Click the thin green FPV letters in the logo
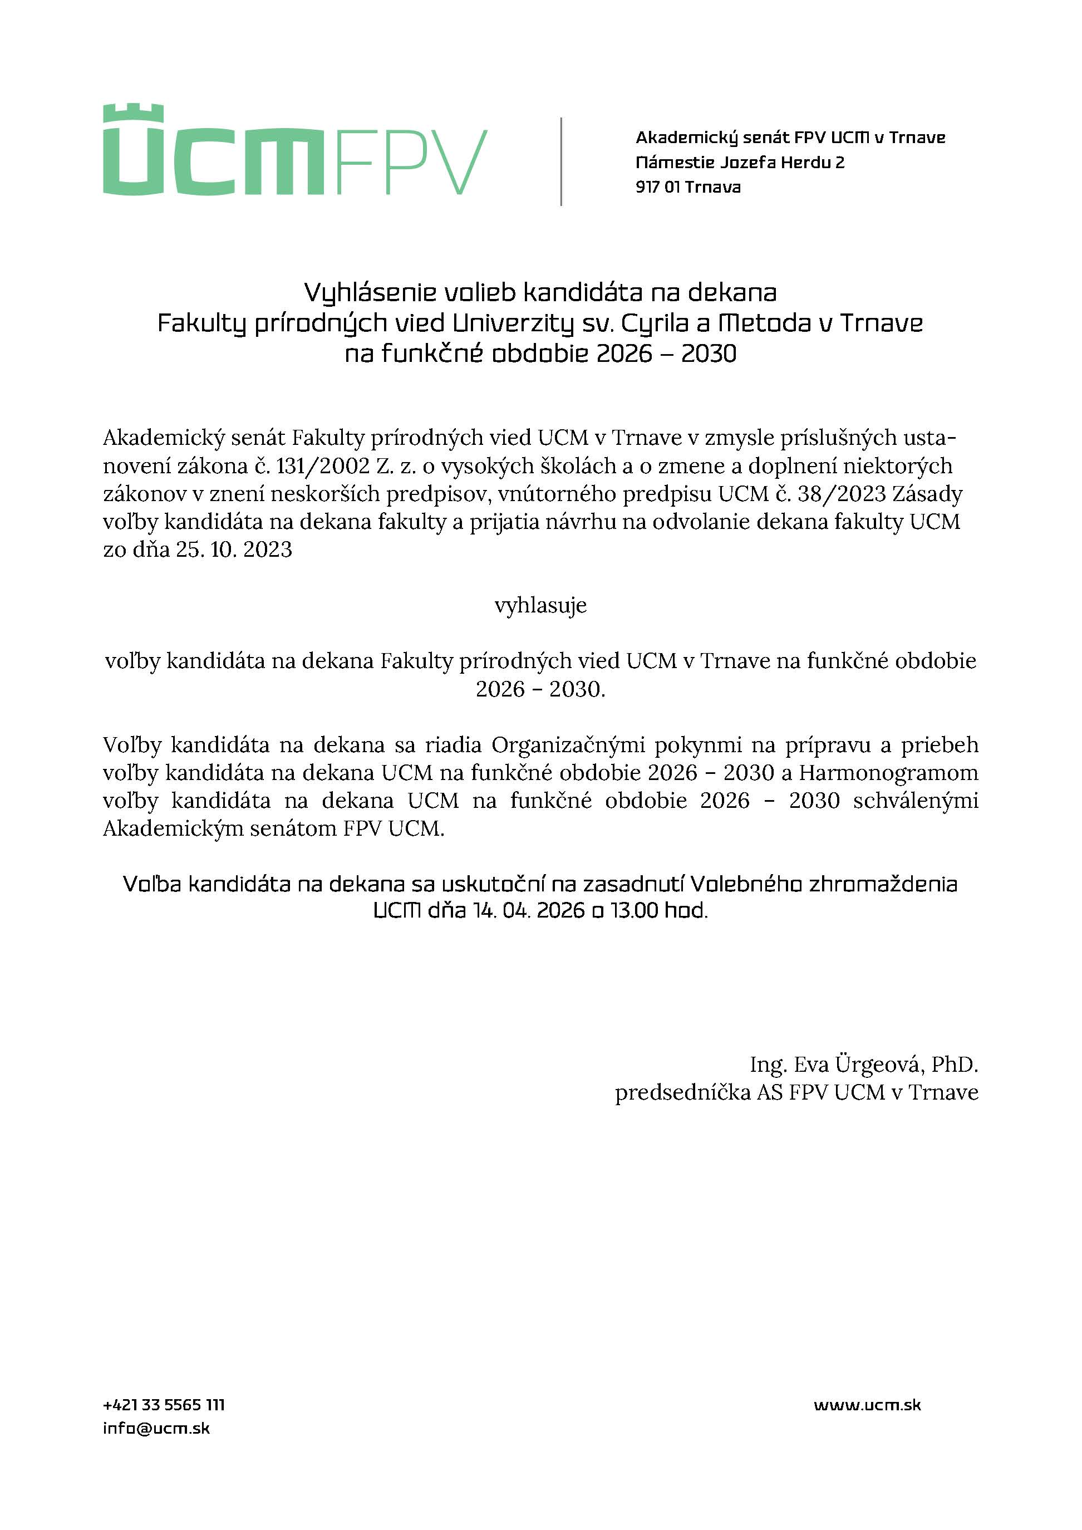412,162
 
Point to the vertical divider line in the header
561,161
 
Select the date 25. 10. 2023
234,550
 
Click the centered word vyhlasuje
540,606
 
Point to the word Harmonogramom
889,773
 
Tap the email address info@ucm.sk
156,1428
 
